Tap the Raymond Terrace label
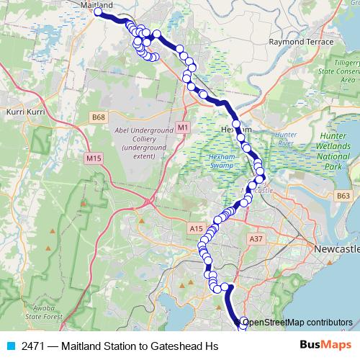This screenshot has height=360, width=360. tap(301, 42)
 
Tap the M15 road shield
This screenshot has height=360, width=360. tap(93, 158)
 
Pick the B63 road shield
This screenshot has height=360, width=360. tap(343, 195)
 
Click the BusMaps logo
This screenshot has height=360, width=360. tap(328, 346)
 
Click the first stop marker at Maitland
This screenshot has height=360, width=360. tap(98, 12)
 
